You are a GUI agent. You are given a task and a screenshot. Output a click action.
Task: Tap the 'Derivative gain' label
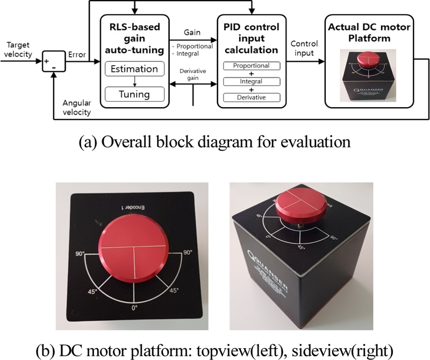(x=192, y=76)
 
